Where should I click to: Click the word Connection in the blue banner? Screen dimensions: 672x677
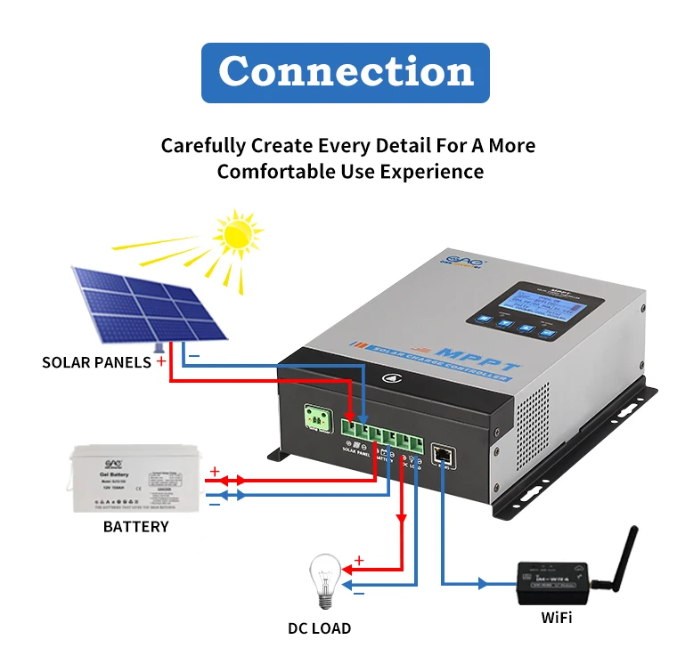tap(346, 71)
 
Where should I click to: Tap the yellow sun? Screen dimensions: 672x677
tap(239, 233)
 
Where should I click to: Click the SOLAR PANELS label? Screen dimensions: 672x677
tap(96, 362)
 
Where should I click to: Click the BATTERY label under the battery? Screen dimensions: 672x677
tap(135, 526)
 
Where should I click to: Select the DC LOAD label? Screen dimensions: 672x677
tap(319, 628)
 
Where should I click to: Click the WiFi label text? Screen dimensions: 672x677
tap(557, 618)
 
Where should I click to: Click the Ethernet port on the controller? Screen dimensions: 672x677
tap(443, 453)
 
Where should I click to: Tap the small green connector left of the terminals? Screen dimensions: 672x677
tap(317, 417)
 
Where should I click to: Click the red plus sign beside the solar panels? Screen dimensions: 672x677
tap(160, 361)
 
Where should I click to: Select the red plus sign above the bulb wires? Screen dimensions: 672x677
tap(359, 560)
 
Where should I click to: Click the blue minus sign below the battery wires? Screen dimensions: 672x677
tap(214, 504)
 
